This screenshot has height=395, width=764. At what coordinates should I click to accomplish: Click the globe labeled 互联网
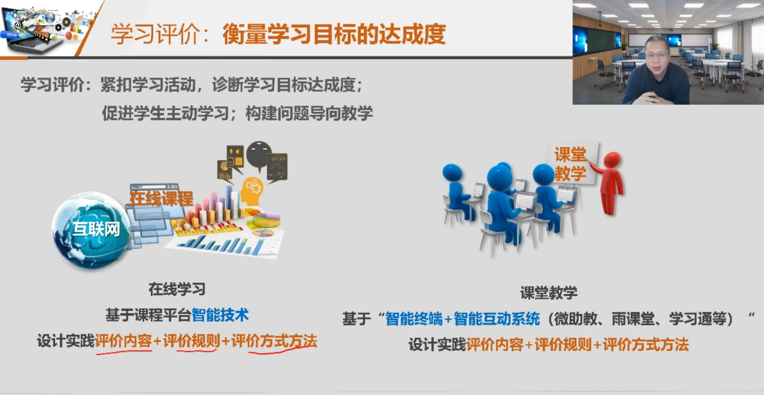[91, 230]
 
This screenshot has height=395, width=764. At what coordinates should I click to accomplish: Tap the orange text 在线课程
[161, 198]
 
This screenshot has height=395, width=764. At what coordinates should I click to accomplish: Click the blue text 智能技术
[220, 315]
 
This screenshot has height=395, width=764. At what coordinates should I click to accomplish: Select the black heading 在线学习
[177, 289]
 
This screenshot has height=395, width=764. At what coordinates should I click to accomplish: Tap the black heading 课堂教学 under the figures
[548, 293]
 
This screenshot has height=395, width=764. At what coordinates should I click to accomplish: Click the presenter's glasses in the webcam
[656, 54]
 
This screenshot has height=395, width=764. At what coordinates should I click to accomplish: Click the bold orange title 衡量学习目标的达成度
[334, 34]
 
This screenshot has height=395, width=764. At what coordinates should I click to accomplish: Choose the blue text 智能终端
[414, 319]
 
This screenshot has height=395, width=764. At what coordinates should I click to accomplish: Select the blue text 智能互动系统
[497, 319]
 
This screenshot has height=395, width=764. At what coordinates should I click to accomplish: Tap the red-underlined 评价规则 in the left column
[191, 341]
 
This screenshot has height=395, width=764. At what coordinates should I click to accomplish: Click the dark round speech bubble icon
[259, 156]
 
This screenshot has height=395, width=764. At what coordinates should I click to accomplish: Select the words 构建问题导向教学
[309, 113]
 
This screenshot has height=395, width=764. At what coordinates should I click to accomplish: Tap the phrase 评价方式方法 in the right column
[646, 345]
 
